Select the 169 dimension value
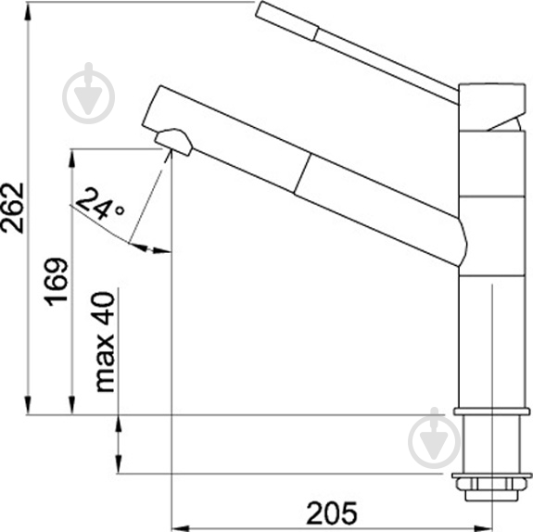click(57, 282)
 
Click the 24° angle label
click(101, 204)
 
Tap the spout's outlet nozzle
click(174, 142)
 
